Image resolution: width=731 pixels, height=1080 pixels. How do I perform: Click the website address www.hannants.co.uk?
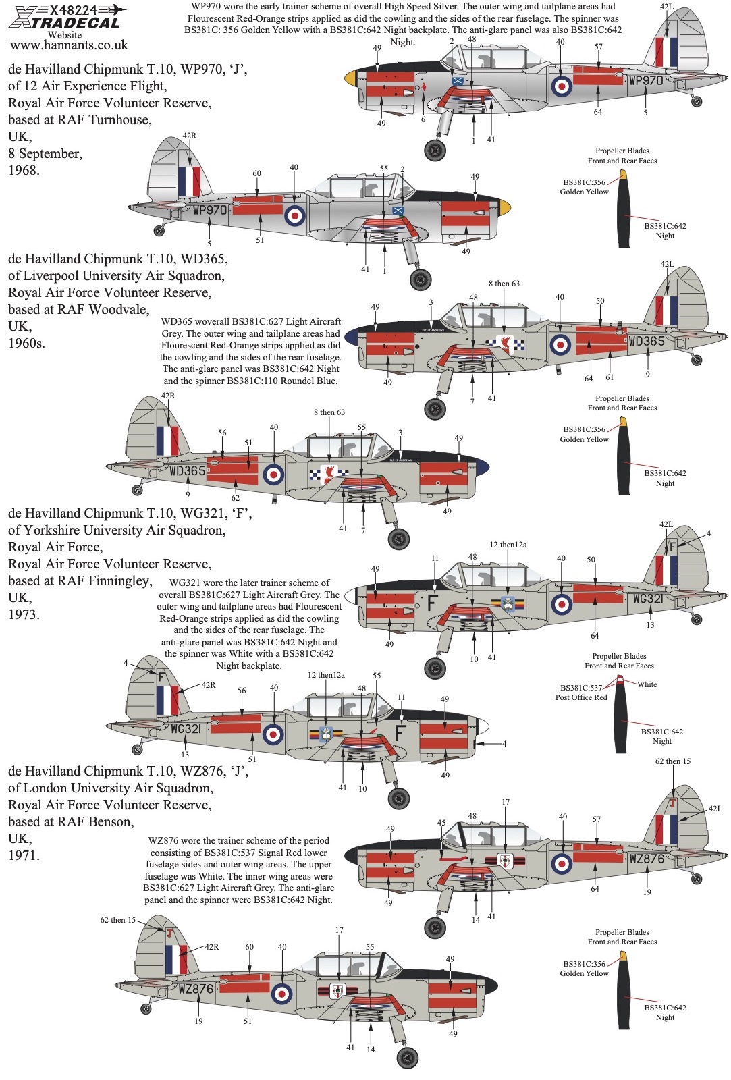[x=69, y=45]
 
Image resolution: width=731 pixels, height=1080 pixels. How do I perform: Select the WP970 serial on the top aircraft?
[x=646, y=81]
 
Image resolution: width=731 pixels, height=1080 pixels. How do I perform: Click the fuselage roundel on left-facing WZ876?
[x=281, y=993]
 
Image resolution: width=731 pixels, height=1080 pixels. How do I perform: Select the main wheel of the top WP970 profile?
[x=435, y=150]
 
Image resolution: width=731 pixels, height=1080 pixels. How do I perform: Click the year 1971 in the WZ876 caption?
[x=24, y=856]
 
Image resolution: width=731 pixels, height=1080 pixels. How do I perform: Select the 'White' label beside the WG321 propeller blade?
[x=647, y=684]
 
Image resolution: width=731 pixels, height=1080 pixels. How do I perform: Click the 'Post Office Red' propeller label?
[x=581, y=697]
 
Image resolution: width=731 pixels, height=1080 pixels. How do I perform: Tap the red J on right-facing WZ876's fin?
[x=672, y=803]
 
